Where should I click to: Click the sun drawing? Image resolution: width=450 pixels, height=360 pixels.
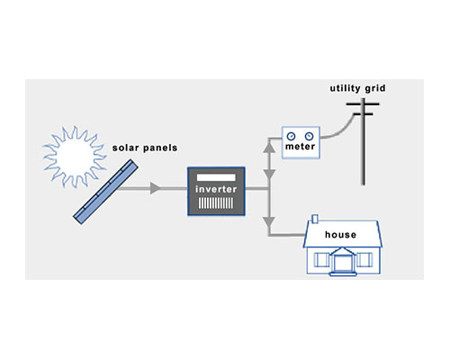tap(75, 157)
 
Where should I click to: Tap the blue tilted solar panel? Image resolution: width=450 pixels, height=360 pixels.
tap(105, 192)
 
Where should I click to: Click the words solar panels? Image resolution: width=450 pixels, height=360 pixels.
tap(145, 148)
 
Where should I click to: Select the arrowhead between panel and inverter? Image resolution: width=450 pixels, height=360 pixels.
tap(155, 188)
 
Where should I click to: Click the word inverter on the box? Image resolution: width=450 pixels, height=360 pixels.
tap(216, 189)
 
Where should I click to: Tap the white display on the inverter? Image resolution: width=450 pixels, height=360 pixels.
tap(216, 177)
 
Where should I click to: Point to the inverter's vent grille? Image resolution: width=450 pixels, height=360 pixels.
tap(216, 203)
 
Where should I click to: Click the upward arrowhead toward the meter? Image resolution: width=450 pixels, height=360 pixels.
tap(269, 148)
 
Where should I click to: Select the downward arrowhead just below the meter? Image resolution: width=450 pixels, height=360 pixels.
tap(269, 174)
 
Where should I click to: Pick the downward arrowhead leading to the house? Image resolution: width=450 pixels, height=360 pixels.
tap(269, 222)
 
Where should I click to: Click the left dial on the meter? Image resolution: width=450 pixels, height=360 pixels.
tap(291, 136)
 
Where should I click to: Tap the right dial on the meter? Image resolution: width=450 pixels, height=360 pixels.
tap(309, 136)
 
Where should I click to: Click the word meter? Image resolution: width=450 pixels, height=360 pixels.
tap(301, 147)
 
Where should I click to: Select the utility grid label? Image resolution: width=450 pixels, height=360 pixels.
tap(357, 88)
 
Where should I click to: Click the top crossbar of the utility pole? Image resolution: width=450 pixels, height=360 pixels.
tap(363, 104)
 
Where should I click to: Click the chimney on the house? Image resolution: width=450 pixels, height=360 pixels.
tap(315, 219)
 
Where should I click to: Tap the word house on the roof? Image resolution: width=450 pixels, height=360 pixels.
tap(341, 235)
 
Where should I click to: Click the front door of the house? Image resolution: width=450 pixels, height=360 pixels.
tap(343, 263)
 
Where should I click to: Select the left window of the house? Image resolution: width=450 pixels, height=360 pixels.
tap(321, 260)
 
